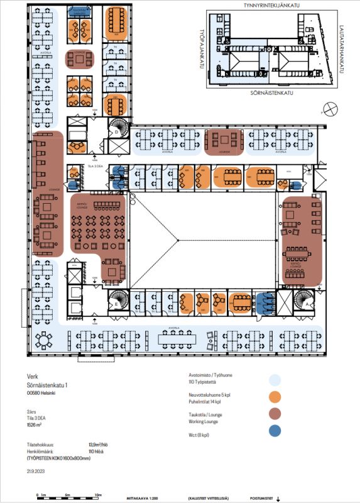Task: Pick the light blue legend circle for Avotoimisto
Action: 274,379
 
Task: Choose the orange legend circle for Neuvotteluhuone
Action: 274,397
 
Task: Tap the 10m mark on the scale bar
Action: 97,495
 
